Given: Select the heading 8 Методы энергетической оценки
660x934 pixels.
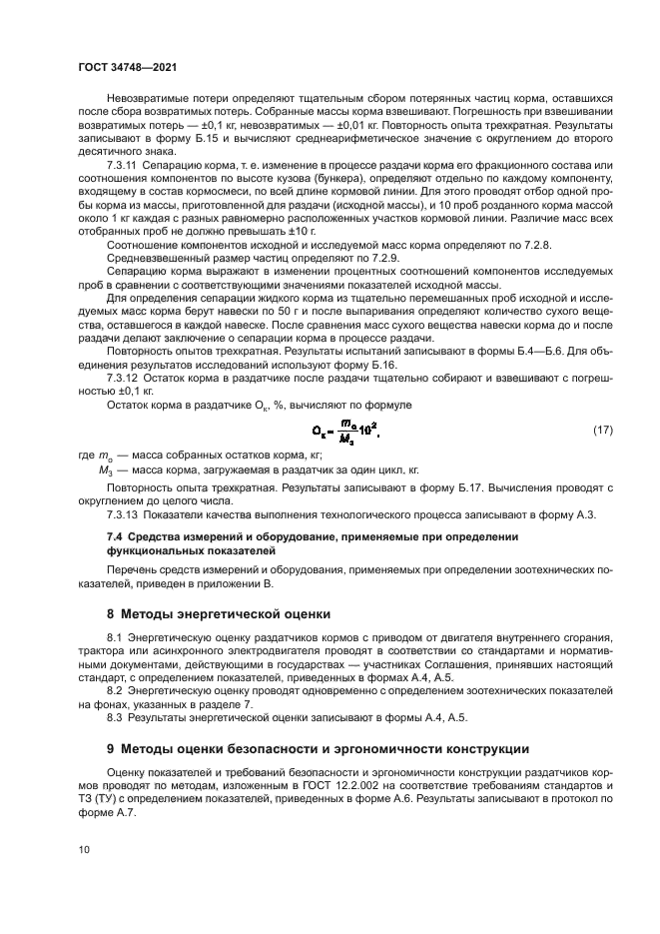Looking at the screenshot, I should [219, 612].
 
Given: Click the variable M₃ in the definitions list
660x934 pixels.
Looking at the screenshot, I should [105, 468].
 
